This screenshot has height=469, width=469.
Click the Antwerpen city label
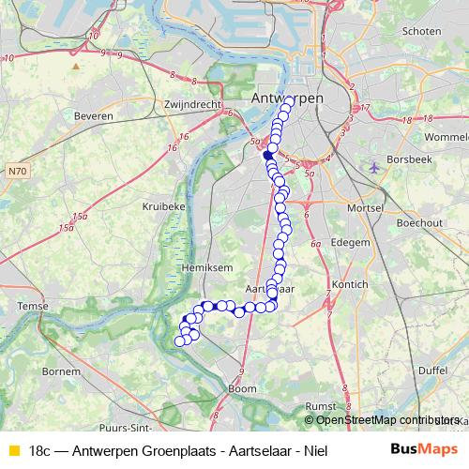287,98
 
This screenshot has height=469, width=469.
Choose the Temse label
32,307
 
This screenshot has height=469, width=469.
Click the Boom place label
242,388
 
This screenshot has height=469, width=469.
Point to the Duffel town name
433,371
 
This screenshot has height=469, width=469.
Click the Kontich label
350,283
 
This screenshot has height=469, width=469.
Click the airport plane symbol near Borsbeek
375,168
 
